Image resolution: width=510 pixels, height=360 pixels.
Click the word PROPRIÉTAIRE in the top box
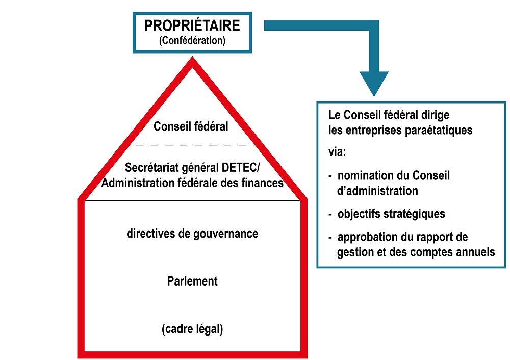coord(192,25)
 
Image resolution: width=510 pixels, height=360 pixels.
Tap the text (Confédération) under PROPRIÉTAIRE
coord(192,40)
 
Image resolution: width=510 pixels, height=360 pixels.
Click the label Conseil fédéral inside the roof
coord(191,126)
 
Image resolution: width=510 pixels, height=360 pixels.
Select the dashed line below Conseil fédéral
coord(195,145)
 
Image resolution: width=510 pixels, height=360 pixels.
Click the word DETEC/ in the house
coord(241,167)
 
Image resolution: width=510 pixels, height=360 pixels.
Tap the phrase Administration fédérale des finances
coord(192,183)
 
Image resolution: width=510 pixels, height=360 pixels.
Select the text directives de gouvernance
coord(192,234)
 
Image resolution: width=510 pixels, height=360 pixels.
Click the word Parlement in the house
coord(192,281)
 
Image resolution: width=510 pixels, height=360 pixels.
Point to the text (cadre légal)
coord(192,329)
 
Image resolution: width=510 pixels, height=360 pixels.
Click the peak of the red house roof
coord(192,57)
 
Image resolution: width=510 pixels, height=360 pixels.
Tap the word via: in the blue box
coord(337,151)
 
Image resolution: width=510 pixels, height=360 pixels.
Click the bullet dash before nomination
coord(330,176)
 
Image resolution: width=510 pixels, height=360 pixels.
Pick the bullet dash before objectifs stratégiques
coord(330,215)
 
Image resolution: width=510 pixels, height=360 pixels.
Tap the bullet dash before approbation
coord(330,238)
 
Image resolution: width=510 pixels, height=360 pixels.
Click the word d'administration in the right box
coord(377,191)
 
